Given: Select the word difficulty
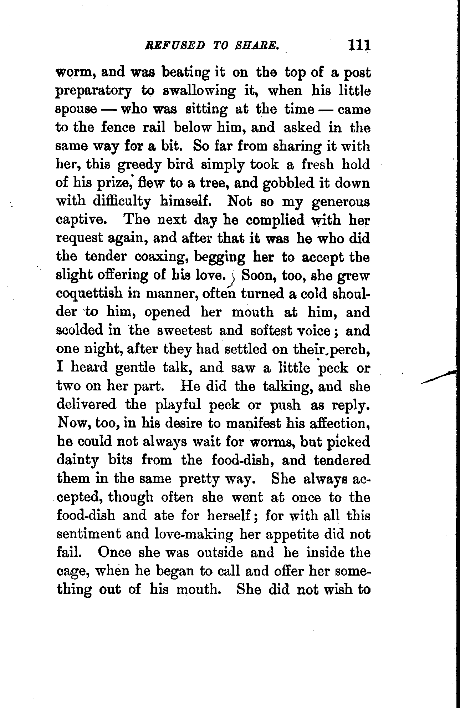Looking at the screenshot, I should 122,202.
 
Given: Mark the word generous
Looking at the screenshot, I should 341,202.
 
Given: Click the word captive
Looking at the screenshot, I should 82,220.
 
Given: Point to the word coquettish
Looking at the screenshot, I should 90,294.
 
